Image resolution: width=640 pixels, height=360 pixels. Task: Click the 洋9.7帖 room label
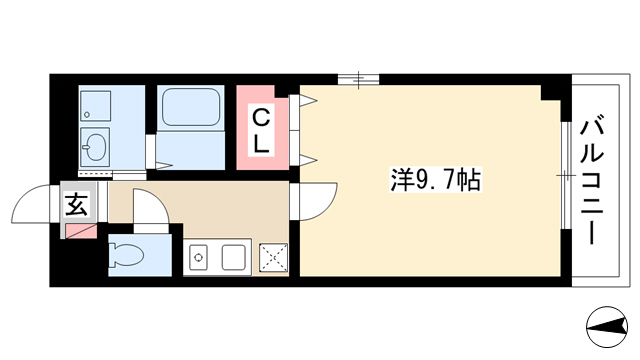[436, 180]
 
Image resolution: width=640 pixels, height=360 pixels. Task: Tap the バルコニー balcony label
[591, 182]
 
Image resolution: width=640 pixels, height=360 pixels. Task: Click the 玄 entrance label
[76, 204]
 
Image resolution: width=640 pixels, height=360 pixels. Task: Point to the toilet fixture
[126, 255]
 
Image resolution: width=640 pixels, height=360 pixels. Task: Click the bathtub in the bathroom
[191, 108]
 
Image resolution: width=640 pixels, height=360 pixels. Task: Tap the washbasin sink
[95, 146]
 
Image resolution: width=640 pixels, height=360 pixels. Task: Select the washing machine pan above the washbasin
[95, 106]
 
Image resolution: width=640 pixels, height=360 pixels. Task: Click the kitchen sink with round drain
[199, 258]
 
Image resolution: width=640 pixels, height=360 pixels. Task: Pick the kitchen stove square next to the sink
[233, 258]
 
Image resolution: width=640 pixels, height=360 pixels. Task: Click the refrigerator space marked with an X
[274, 258]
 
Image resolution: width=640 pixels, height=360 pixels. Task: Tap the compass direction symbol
[607, 327]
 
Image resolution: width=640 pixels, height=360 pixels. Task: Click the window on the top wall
[358, 80]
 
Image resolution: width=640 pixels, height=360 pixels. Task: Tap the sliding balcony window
[565, 176]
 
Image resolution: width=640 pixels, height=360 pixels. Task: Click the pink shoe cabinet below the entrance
[80, 231]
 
